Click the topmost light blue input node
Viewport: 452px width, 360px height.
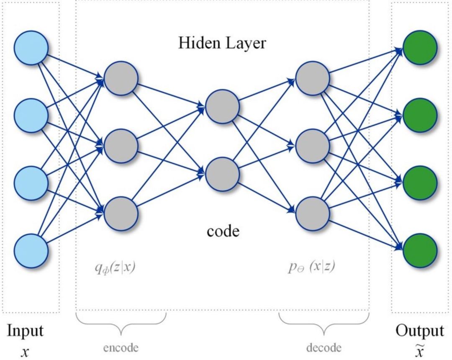click(31, 48)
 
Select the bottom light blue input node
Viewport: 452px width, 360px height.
click(31, 251)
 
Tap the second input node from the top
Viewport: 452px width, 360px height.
click(31, 116)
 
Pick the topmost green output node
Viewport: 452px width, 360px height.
click(420, 48)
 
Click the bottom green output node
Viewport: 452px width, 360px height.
click(420, 251)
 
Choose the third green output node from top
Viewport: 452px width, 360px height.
click(420, 183)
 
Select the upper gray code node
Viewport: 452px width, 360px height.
click(222, 107)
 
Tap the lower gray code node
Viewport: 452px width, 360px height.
click(222, 174)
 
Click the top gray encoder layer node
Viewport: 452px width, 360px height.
click(121, 78)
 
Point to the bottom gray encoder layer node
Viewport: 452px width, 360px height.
click(121, 213)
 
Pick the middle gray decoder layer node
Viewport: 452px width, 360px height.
click(313, 146)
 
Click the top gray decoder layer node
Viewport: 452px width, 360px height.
click(313, 78)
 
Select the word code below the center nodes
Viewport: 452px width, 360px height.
click(223, 231)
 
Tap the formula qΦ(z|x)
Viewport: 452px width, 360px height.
click(115, 268)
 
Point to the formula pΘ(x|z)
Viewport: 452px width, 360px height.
click(312, 267)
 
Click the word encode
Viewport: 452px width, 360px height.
click(121, 347)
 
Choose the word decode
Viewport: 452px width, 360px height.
click(324, 347)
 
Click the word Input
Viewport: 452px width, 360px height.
click(25, 331)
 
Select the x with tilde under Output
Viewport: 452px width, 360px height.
click(420, 350)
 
